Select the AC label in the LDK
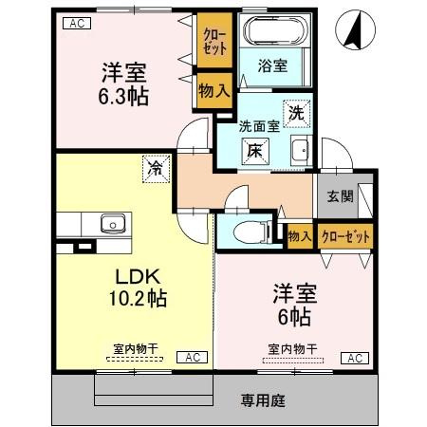click(191, 357)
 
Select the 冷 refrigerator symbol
click(154, 168)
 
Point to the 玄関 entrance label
click(341, 196)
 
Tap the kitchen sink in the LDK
click(111, 224)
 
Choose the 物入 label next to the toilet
click(299, 235)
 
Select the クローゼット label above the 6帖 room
click(345, 235)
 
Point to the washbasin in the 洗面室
click(300, 150)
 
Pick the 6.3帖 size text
click(124, 95)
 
